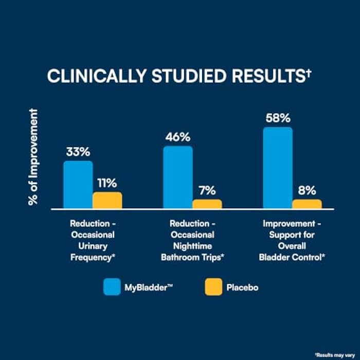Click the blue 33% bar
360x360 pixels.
pyautogui.click(x=78, y=185)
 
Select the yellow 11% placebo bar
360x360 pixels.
pyautogui.click(x=107, y=200)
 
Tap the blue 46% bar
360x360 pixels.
pyautogui.click(x=178, y=177)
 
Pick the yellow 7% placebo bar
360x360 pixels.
pyautogui.click(x=207, y=204)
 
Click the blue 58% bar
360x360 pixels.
pyautogui.click(x=278, y=168)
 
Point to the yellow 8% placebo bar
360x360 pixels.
pyautogui.click(x=307, y=204)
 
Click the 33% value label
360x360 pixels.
pyautogui.click(x=78, y=152)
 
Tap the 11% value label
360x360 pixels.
pyautogui.click(x=107, y=183)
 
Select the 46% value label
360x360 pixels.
pyautogui.click(x=178, y=137)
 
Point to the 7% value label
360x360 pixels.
pyautogui.click(x=207, y=191)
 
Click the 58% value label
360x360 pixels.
pyautogui.click(x=278, y=118)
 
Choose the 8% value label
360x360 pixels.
pyautogui.click(x=307, y=191)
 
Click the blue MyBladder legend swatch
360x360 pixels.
pyautogui.click(x=112, y=287)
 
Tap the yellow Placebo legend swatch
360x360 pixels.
pyautogui.click(x=213, y=287)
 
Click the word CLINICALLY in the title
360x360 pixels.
pyautogui.click(x=97, y=76)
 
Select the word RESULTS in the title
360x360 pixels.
pyautogui.click(x=268, y=76)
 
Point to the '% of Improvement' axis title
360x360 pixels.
pyautogui.click(x=33, y=157)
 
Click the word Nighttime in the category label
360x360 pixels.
pyautogui.click(x=192, y=246)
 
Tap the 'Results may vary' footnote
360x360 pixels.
pyautogui.click(x=335, y=355)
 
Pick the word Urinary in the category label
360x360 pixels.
pyautogui.click(x=93, y=246)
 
